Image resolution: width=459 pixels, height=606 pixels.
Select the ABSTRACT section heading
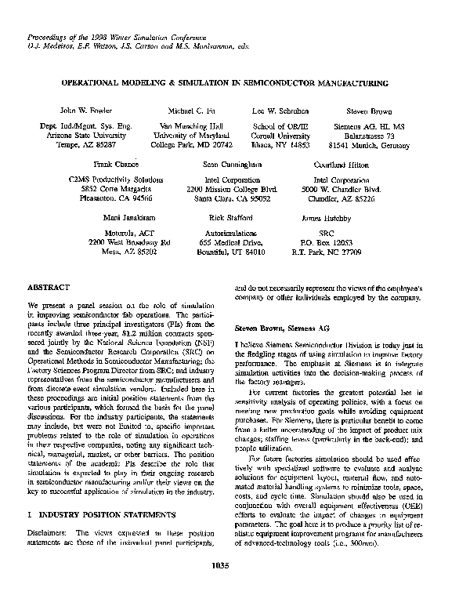(x=49, y=288)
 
